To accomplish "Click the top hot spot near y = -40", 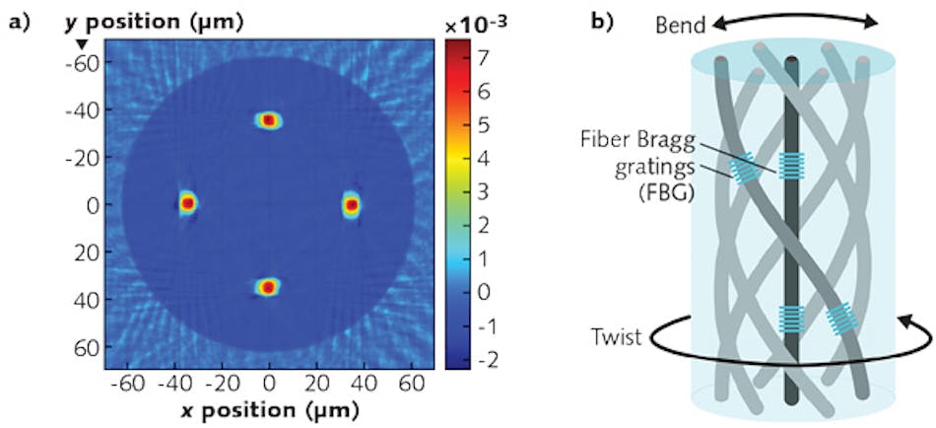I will point(268,120).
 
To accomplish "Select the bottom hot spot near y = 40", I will point(268,287).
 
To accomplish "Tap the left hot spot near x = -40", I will point(187,203).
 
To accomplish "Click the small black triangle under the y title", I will point(82,44).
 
